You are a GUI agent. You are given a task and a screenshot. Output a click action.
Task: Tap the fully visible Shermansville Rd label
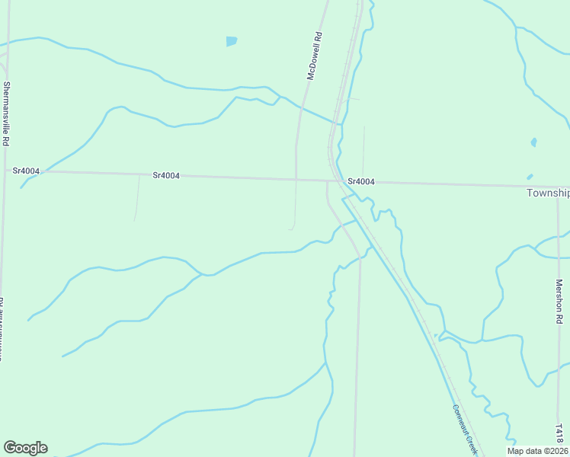pyautogui.click(x=7, y=113)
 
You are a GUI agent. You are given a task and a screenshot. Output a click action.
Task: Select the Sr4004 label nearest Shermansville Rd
pyautogui.click(x=26, y=171)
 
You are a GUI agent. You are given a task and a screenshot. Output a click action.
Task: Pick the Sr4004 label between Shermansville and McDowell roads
pyautogui.click(x=166, y=175)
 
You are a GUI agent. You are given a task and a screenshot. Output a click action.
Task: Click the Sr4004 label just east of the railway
pyautogui.click(x=360, y=181)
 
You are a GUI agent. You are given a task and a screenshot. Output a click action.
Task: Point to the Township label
pyautogui.click(x=548, y=193)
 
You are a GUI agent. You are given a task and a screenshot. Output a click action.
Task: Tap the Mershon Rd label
pyautogui.click(x=559, y=302)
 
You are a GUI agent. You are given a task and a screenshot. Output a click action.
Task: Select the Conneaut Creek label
pyautogui.click(x=464, y=429)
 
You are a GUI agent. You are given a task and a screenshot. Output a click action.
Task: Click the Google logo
pyautogui.click(x=25, y=448)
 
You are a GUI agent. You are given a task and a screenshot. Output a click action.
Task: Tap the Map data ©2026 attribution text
pyautogui.click(x=537, y=451)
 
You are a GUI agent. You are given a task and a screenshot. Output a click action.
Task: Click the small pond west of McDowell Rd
pyautogui.click(x=231, y=41)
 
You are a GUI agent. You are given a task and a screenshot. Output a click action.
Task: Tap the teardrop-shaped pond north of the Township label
pyautogui.click(x=533, y=142)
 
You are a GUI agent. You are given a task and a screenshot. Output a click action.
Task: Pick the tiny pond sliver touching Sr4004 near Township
pyautogui.click(x=530, y=177)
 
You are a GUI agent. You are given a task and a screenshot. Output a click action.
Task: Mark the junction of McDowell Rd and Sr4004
pyautogui.click(x=296, y=179)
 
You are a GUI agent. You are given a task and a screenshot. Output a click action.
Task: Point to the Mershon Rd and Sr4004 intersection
pyautogui.click(x=558, y=187)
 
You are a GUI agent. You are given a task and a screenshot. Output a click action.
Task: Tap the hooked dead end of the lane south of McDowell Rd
pyautogui.click(x=291, y=228)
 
